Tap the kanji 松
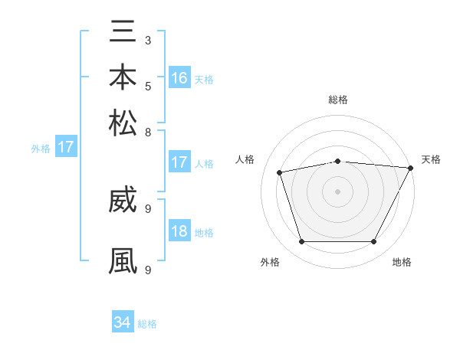(123, 123)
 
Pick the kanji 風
(123, 260)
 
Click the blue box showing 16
(179, 77)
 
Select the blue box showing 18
(179, 231)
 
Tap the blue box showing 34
(123, 322)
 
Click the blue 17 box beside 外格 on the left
(66, 147)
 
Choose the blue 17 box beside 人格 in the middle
(179, 162)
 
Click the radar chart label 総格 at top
(337, 100)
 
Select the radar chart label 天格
(431, 159)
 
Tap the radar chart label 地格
(402, 262)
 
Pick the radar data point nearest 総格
(337, 161)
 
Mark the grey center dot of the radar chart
(337, 191)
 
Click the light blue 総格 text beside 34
(147, 324)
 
